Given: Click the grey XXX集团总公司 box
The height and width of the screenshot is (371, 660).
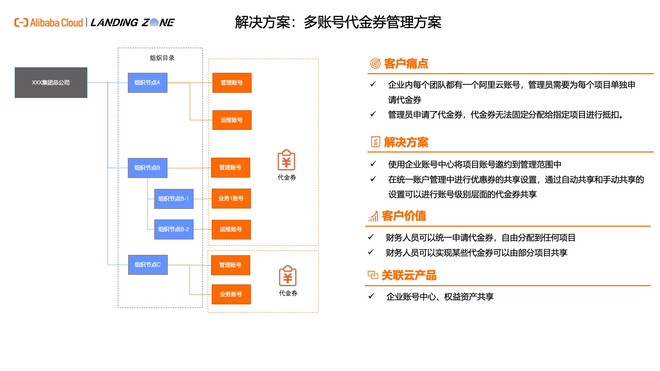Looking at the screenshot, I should (x=51, y=82).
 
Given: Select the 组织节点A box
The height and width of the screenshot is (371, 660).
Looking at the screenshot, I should (x=147, y=82).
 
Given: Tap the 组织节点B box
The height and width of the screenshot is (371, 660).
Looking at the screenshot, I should (x=147, y=168).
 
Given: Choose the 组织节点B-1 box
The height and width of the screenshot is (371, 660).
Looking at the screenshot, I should (x=174, y=199).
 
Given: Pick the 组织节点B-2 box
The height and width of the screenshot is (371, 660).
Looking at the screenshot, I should (x=174, y=229).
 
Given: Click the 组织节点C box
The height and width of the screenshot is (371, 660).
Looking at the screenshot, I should (x=148, y=265).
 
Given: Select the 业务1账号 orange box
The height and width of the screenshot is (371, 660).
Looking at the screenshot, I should (x=231, y=198).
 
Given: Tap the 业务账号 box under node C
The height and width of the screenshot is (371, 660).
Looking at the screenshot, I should (x=231, y=294).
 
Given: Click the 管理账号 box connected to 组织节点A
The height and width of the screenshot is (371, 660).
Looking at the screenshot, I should (x=232, y=82).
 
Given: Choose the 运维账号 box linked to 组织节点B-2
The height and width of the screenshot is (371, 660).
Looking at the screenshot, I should (x=231, y=229).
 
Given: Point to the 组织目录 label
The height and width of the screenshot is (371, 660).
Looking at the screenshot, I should (x=162, y=58).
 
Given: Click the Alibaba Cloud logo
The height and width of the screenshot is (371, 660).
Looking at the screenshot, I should (x=48, y=23).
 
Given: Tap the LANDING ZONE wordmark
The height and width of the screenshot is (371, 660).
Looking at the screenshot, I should (x=133, y=23).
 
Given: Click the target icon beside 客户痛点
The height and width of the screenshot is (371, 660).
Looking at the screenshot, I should (x=375, y=64).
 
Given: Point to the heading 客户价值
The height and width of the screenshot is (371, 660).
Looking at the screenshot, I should (x=404, y=216).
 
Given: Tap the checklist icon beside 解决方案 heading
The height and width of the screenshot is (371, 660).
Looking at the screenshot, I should (x=375, y=142).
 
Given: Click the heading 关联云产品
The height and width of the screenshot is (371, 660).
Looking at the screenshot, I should (x=409, y=275).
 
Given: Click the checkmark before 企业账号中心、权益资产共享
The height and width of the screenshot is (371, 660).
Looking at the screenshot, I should (x=371, y=296).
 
